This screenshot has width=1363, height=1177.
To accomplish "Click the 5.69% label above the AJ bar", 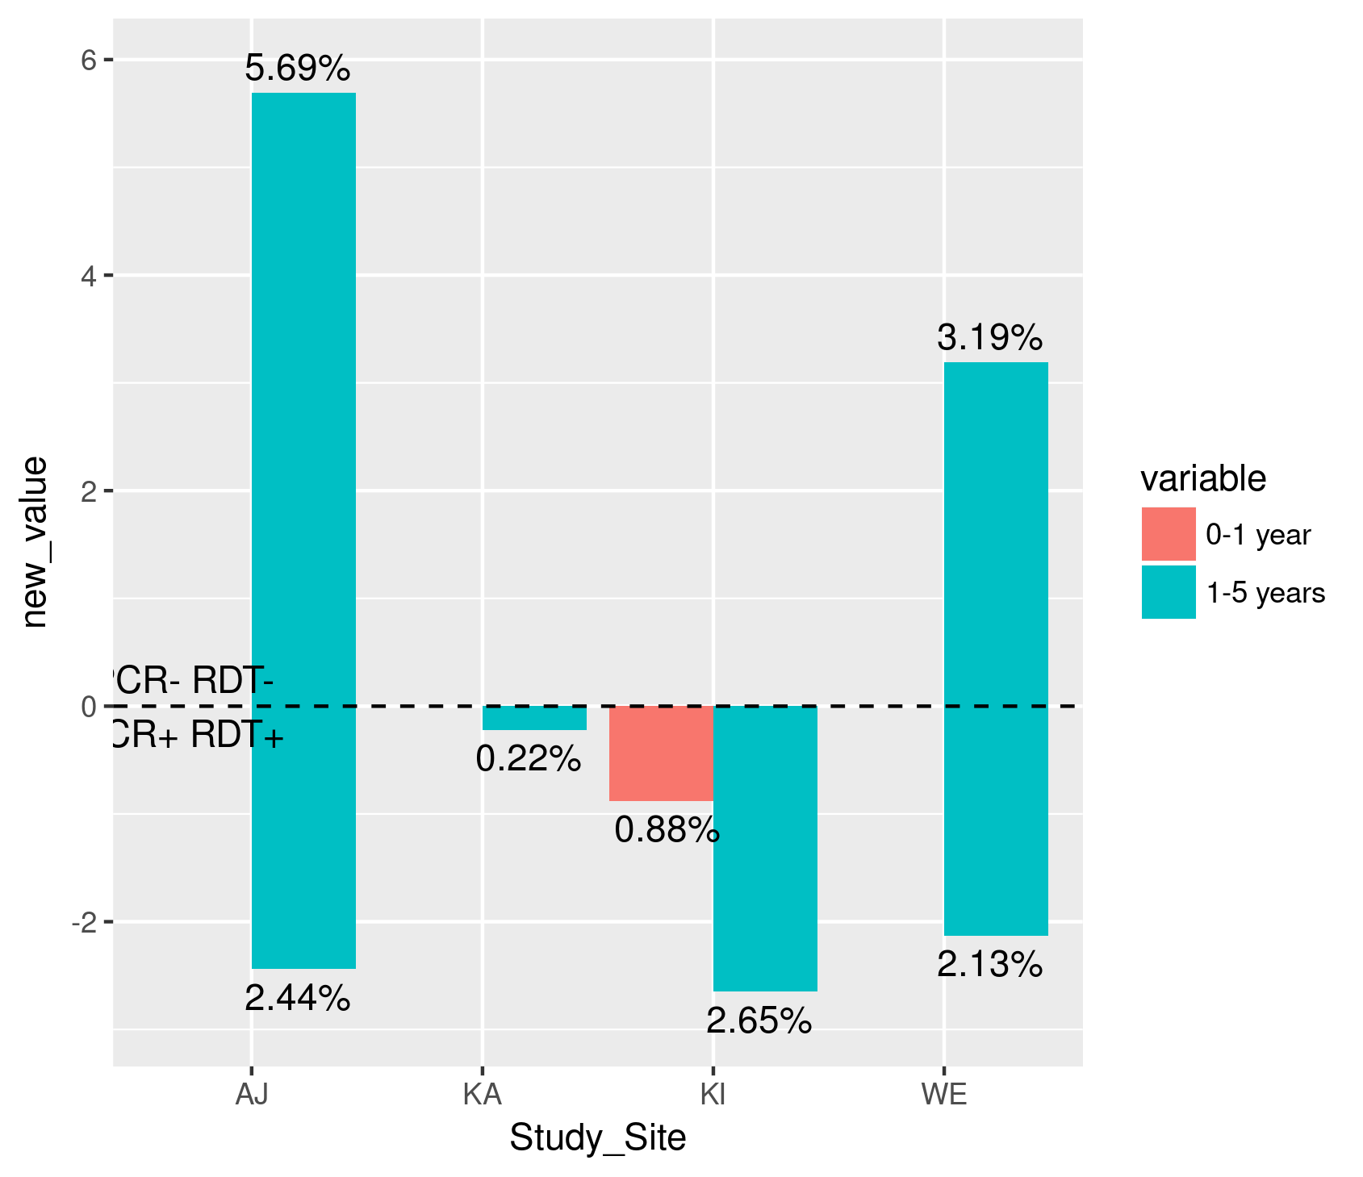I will tap(298, 69).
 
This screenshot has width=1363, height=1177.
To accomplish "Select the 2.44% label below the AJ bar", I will tap(298, 999).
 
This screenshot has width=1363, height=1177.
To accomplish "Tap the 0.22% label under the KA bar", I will tap(529, 759).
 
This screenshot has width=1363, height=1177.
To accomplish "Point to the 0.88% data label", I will tap(667, 830).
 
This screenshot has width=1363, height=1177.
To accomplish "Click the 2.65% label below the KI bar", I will tap(759, 1021).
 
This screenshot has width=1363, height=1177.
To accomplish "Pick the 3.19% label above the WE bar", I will tap(990, 338).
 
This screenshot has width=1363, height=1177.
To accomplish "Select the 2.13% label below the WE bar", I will tap(990, 965).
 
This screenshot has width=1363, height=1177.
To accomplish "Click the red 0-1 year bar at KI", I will tap(661, 753).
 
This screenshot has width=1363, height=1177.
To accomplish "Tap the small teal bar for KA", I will tap(534, 718).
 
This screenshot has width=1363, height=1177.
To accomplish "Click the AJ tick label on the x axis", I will tap(252, 1095).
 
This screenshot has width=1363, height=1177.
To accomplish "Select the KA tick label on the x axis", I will tap(483, 1095).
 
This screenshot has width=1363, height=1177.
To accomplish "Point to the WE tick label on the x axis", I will tap(944, 1095).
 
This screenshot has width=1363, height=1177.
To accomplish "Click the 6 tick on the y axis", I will tap(88, 60).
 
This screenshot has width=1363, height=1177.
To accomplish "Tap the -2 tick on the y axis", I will tap(84, 922).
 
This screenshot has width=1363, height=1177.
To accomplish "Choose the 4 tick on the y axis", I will tap(88, 275).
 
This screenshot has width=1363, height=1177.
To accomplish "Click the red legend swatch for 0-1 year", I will tap(1169, 534).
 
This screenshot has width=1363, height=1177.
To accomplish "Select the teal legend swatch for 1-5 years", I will tap(1169, 593).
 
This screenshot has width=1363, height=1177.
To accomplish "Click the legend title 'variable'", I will tap(1202, 479).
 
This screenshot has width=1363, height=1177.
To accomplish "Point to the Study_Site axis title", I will tap(597, 1138).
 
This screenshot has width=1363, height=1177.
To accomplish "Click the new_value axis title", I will tap(35, 542).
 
